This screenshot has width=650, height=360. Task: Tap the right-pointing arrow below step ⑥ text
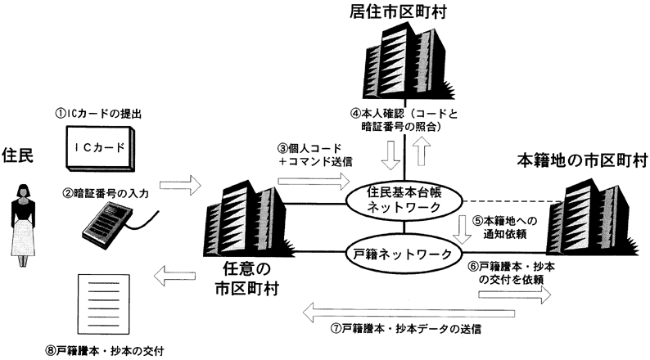(x=516, y=293)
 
